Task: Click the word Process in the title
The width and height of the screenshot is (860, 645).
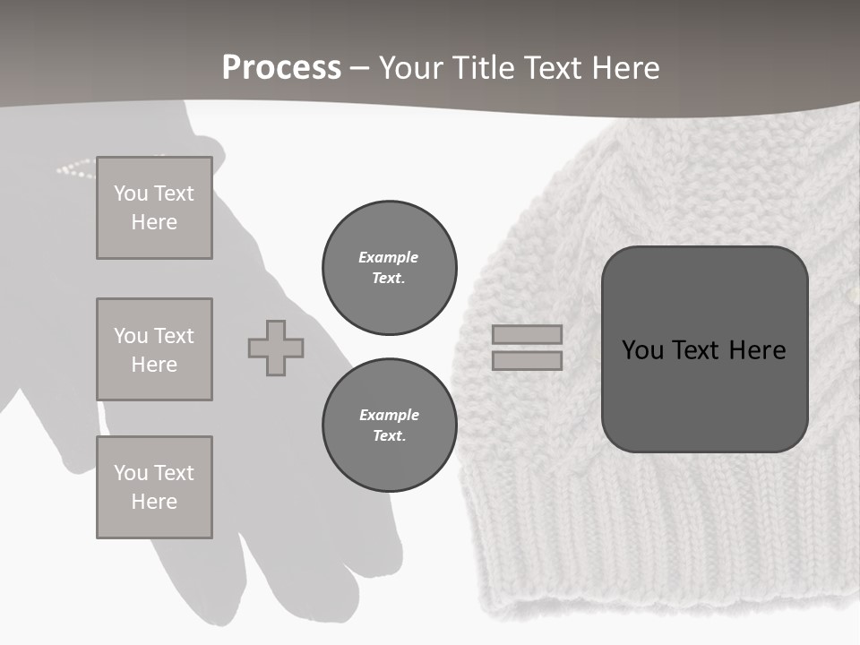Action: pos(281,68)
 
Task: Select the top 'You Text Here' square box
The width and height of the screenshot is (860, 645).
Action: pos(154,208)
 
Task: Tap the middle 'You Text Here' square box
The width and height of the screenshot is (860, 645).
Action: pos(154,349)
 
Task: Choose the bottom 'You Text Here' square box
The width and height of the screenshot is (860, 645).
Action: pos(154,487)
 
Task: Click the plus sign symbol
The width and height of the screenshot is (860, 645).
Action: pos(276,348)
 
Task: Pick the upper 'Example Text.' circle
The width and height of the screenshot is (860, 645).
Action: pos(390,268)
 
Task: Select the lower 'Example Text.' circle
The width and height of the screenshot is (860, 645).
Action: pos(390,426)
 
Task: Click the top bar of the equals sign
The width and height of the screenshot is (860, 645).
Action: pos(528,335)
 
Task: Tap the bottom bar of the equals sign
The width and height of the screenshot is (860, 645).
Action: pos(528,360)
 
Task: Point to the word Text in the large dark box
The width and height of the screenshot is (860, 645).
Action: pos(703,350)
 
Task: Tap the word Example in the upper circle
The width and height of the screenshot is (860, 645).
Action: pos(389,257)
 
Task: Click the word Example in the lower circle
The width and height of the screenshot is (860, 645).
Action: pos(389,415)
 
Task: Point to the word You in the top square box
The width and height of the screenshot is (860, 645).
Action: pos(131,193)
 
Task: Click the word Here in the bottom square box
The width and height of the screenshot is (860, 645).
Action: pos(154,502)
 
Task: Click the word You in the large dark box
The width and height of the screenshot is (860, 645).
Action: pos(643,350)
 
